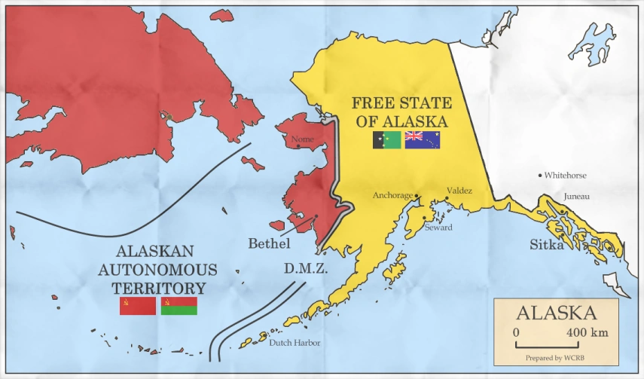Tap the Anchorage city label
coord(392,196)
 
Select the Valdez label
coord(459,191)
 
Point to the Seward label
coord(438,227)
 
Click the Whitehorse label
coord(566,176)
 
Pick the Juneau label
coord(576,197)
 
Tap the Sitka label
coord(546,244)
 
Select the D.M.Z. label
coord(305,267)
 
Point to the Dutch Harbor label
coord(295,343)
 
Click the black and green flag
coord(387,139)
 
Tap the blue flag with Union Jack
coord(422,139)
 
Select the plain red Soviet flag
coord(137,305)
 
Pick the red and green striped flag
coord(179,305)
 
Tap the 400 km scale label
coord(588,332)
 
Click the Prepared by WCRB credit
coord(556,356)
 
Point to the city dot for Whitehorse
coord(540,176)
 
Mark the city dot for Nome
coord(298,146)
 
